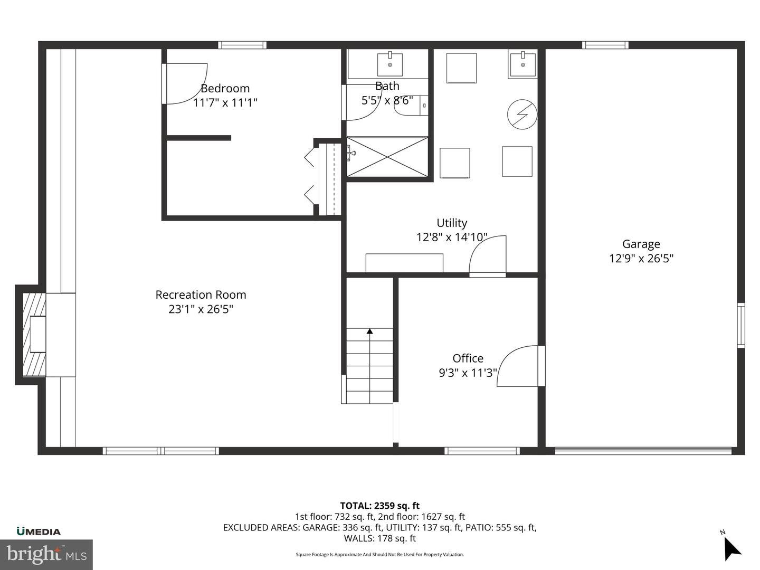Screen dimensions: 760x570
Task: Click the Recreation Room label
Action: [201, 295]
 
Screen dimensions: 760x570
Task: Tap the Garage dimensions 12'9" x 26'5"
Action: [641, 259]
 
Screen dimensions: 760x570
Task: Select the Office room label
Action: [468, 358]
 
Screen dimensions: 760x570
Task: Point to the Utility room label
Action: [451, 223]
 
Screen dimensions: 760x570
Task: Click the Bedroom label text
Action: [225, 89]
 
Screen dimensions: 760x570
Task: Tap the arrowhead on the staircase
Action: [370, 331]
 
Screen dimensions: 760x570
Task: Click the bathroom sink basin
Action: [390, 64]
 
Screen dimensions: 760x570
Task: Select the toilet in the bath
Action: [411, 105]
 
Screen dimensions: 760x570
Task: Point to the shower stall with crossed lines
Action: [387, 157]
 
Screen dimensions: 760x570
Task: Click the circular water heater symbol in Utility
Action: [522, 114]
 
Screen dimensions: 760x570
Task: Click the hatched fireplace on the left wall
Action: [34, 335]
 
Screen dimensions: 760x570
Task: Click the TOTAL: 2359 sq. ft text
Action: [380, 506]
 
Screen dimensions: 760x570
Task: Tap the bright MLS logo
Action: [46, 555]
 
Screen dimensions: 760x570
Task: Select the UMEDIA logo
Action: [39, 531]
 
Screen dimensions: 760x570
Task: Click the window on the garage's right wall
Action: [740, 325]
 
